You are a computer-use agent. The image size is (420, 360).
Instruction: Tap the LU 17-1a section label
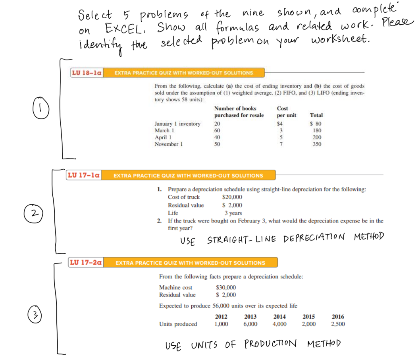tap(84, 175)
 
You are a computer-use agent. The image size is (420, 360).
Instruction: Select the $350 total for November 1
tap(316, 144)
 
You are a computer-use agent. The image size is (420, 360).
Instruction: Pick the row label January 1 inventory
tap(177, 124)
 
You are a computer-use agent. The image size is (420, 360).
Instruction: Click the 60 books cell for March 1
tap(217, 131)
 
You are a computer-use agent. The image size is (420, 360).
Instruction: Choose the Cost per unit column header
tap(286, 112)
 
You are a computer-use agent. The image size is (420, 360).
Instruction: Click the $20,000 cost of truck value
tap(232, 197)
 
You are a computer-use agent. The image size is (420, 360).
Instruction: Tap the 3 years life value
tap(233, 213)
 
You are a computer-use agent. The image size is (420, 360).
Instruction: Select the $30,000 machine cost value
tap(225, 287)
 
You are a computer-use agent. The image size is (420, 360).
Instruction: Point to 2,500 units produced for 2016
tap(338, 324)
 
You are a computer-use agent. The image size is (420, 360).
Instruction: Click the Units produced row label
tap(178, 324)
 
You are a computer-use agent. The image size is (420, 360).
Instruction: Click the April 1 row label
tap(163, 137)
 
